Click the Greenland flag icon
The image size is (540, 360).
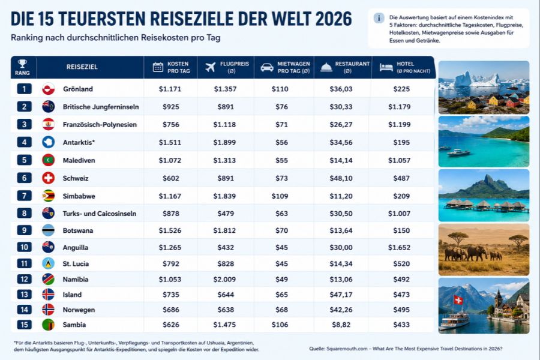pos(48,89)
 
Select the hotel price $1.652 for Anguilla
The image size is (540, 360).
pos(399,247)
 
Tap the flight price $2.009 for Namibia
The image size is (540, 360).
pos(224,280)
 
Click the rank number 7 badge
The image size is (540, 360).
pos(24,196)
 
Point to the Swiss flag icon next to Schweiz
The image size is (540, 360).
pos(48,178)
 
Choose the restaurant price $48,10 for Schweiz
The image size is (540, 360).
pos(341,178)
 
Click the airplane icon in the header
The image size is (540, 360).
pos(211,67)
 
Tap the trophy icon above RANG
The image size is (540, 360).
pos(22,64)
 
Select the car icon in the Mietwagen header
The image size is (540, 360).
pos(267,67)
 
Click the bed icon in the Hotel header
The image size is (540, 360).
pos(386,67)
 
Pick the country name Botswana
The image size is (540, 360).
pos(78,230)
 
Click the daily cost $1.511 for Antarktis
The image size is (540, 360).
pos(170,142)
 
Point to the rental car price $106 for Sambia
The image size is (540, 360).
pos(280,325)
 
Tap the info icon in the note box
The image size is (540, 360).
pos(379,18)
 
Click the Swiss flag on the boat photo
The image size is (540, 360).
pos(458,300)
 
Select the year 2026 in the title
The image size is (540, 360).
pos(334,19)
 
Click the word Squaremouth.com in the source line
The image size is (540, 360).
pos(347,349)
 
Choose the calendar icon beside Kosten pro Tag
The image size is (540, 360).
pos(158,67)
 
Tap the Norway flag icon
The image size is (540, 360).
pos(48,310)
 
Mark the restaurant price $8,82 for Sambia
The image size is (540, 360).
pos(341,325)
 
